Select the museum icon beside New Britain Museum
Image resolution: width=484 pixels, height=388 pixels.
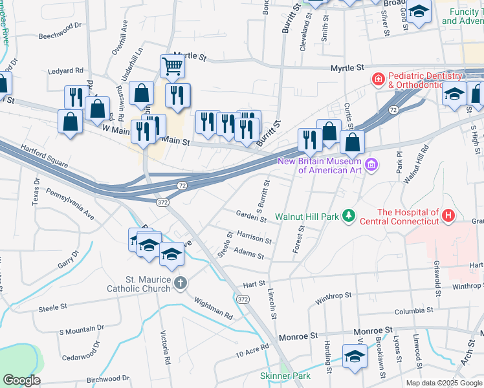pyautogui.click(x=371, y=166)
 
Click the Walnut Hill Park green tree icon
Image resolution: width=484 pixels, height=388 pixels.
pyautogui.click(x=349, y=215)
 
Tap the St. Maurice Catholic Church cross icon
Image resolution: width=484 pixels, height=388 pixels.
pyautogui.click(x=181, y=283)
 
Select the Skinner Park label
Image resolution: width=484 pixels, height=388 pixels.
pyautogui.click(x=285, y=376)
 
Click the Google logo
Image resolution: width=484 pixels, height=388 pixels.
pyautogui.click(x=22, y=380)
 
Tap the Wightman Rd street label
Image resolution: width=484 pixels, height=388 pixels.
pyautogui.click(x=213, y=307)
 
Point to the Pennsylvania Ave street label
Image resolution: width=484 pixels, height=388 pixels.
pyautogui.click(x=70, y=202)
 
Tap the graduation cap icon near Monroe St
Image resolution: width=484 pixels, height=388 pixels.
pyautogui.click(x=355, y=356)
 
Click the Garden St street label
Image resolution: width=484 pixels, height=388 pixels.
pyautogui.click(x=251, y=216)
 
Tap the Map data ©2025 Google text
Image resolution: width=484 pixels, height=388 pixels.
pyautogui.click(x=443, y=383)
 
